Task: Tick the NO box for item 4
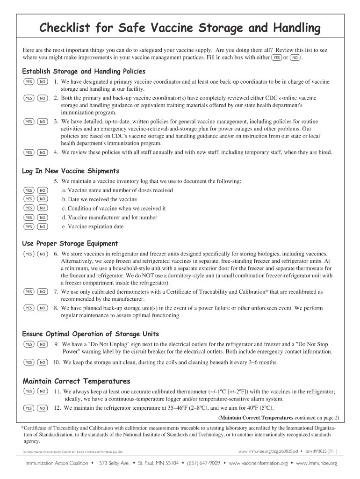pos(42,152)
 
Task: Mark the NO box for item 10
pos(42,363)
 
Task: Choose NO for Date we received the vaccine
pos(42,199)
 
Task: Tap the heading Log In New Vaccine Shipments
pos(71,171)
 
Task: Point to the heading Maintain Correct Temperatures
pos(76,381)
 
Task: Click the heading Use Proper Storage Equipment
pos(70,243)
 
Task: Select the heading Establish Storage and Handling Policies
pos(84,72)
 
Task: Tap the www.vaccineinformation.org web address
pos(258,463)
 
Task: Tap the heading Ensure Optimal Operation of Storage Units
pos(91,334)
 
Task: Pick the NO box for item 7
pos(42,292)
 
